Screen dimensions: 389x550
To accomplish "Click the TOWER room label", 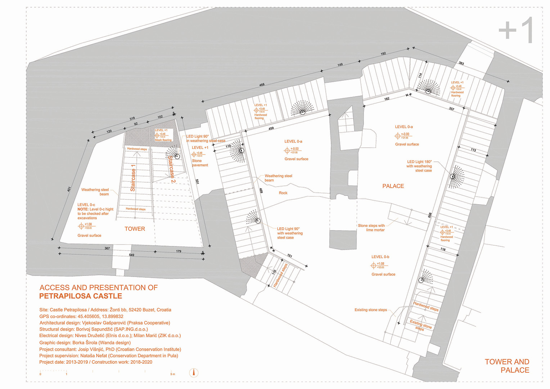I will (x=135, y=229).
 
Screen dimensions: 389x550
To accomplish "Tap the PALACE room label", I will (x=393, y=186).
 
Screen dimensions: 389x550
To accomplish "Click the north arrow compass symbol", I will (x=194, y=372).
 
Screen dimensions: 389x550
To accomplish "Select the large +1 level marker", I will (x=516, y=31).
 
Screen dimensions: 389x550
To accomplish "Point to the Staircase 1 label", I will (x=133, y=178).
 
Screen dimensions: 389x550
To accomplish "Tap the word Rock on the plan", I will (x=283, y=193).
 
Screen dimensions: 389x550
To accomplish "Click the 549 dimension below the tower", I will (x=131, y=255).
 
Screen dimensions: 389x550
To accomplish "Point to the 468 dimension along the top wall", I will (x=262, y=85).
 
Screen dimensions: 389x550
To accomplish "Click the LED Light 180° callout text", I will (x=419, y=166).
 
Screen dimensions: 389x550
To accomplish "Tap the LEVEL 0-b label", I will (x=380, y=257).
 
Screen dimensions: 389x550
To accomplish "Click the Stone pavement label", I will (x=200, y=163).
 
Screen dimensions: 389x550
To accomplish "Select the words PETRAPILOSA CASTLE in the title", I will (x=81, y=296).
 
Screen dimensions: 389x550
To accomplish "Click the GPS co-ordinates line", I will (x=81, y=316).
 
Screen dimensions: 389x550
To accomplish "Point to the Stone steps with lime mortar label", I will (x=371, y=228).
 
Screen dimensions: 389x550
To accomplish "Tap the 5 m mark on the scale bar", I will (x=172, y=374).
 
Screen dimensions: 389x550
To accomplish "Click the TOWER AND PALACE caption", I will (x=507, y=366).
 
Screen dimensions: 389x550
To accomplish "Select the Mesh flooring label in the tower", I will (x=163, y=140).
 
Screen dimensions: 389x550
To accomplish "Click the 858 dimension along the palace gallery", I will (x=429, y=215).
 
